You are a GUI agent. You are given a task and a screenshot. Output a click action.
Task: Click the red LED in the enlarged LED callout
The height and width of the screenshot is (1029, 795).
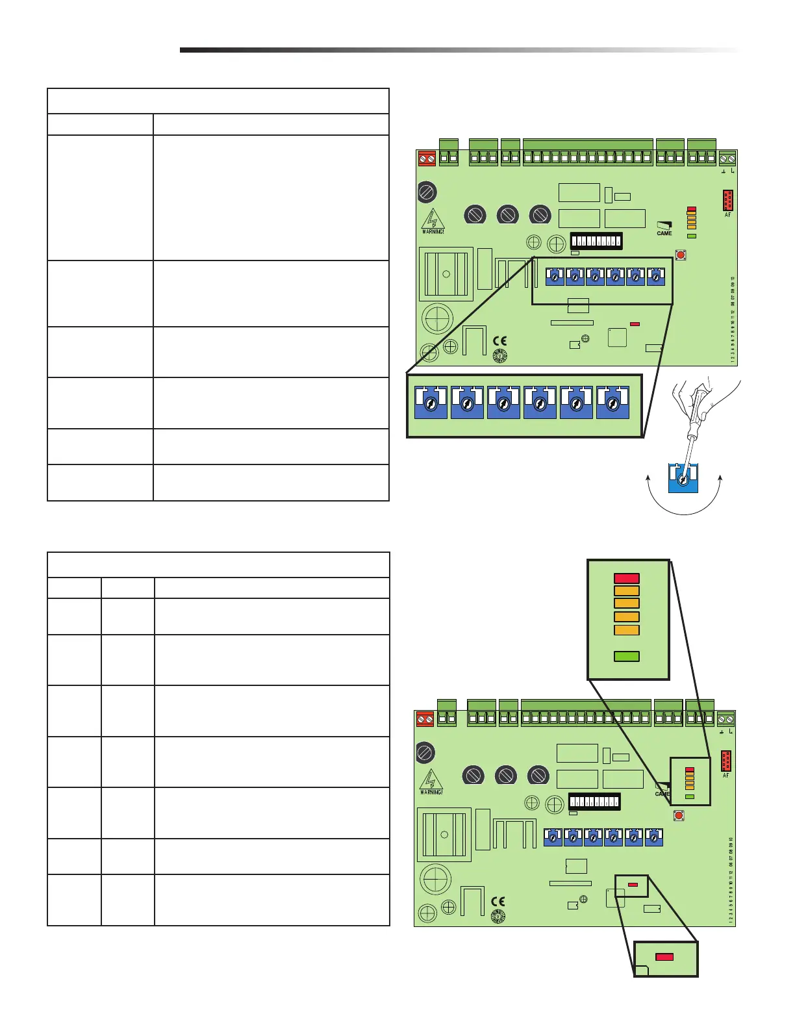pos(627,578)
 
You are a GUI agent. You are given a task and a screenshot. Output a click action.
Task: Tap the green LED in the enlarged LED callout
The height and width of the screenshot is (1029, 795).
pos(627,656)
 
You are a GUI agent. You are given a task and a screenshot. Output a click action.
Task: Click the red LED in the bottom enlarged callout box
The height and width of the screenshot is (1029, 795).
pos(664,957)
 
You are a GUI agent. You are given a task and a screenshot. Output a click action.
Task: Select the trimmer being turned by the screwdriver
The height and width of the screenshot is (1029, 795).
pos(683,478)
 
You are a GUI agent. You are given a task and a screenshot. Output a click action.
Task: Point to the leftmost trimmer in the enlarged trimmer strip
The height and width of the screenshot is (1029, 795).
pos(431,403)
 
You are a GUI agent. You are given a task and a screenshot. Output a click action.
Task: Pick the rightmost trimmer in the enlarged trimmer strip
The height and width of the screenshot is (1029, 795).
pos(612,403)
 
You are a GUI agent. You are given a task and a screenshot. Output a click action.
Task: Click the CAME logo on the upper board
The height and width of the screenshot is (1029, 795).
pos(664,229)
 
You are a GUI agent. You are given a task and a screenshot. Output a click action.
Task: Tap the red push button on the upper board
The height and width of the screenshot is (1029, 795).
pos(681,255)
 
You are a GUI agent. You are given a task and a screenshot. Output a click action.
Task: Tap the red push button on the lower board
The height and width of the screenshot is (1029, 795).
pos(679,815)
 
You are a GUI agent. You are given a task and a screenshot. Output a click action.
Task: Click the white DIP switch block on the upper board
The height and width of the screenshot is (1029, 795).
pos(596,241)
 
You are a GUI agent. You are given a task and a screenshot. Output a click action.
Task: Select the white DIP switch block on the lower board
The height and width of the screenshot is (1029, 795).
pos(594,802)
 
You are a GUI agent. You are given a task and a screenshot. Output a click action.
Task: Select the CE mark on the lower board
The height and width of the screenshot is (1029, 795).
pos(498,901)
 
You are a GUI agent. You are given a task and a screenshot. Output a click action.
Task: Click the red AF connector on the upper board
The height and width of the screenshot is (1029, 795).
pos(727,199)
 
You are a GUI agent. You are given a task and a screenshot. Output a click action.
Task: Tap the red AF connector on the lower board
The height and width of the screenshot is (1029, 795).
pos(726,761)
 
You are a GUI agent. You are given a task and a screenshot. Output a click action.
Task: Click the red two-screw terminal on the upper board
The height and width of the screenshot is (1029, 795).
pos(427,158)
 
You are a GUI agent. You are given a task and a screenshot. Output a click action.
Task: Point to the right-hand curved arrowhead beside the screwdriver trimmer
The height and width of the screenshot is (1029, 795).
pos(721,478)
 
